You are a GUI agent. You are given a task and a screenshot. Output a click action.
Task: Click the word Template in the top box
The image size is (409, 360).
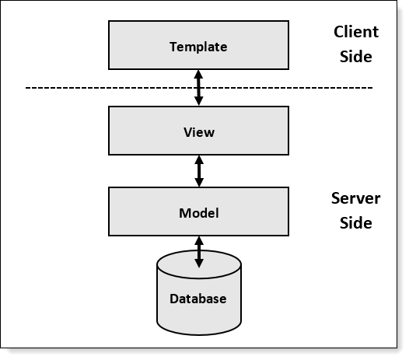point(198,47)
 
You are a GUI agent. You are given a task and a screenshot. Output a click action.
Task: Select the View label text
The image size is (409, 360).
point(199,132)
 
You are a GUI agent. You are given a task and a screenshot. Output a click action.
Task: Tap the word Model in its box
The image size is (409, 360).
point(199,213)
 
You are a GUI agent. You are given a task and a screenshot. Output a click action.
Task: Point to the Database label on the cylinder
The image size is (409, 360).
point(198,299)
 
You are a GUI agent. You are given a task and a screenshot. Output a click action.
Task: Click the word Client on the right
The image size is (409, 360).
point(356,32)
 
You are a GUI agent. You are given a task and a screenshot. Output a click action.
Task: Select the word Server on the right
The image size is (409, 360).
point(356,198)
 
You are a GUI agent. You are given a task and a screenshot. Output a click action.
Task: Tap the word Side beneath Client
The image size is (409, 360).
point(356,56)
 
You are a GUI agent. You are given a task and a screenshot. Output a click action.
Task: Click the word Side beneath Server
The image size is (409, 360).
point(356,223)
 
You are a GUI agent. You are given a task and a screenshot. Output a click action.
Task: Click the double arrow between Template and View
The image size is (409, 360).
point(199,88)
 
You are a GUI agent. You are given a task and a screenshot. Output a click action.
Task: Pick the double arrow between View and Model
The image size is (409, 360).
point(199,171)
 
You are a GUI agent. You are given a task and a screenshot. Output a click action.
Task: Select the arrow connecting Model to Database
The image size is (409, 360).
point(199,252)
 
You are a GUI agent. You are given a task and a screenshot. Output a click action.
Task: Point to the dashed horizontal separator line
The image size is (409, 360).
point(199,88)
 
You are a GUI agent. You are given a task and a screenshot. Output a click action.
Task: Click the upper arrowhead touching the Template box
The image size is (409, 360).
point(198,74)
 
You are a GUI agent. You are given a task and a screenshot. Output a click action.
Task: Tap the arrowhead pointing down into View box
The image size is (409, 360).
point(199,101)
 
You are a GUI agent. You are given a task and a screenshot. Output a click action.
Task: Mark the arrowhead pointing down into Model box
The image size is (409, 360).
point(199,183)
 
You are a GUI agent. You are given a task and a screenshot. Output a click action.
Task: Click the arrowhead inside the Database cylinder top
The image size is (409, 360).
point(199,264)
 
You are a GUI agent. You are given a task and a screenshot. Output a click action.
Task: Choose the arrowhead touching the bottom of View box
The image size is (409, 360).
point(199,160)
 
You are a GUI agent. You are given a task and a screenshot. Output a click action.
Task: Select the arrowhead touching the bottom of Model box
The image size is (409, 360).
point(199,241)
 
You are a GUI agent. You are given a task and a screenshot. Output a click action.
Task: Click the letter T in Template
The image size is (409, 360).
point(173,47)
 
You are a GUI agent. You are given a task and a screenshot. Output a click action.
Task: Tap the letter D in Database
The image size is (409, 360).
point(174,299)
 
